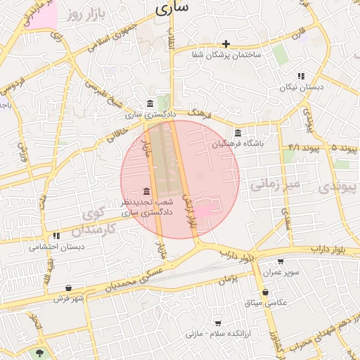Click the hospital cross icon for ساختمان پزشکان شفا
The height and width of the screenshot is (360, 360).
(226, 44)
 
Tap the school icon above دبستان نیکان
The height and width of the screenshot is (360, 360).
(300, 76)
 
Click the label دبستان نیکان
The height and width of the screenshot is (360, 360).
(301, 87)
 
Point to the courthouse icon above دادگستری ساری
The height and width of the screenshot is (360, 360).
(149, 103)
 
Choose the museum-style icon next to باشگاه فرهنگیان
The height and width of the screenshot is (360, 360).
(238, 134)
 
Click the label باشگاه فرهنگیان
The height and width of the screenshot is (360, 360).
(240, 144)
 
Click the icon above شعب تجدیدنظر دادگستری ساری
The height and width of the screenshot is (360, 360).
(146, 192)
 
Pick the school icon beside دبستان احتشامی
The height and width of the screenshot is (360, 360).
(56, 236)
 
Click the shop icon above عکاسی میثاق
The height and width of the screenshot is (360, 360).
(265, 292)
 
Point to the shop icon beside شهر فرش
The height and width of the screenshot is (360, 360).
(67, 288)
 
